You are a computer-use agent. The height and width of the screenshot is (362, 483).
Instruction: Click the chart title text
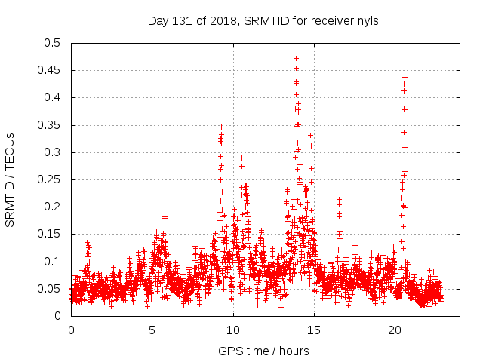tap(263, 21)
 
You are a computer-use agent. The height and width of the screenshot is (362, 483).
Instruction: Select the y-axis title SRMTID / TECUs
tap(11, 179)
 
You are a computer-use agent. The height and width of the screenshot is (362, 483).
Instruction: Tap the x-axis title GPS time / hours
tap(263, 351)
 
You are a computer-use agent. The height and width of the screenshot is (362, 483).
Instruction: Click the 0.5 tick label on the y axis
tap(52, 43)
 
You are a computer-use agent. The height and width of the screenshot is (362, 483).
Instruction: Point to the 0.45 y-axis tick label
tap(50, 70)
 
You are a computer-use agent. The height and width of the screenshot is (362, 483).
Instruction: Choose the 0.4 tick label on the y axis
tap(52, 97)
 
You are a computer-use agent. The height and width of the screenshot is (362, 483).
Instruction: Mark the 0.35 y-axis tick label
tap(50, 125)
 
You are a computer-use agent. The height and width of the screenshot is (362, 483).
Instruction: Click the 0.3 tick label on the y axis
tap(52, 152)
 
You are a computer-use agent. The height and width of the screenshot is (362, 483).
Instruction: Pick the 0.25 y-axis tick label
tap(50, 179)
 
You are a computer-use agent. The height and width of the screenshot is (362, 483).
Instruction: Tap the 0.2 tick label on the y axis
tap(52, 207)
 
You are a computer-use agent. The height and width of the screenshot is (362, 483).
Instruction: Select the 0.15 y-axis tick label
tap(50, 234)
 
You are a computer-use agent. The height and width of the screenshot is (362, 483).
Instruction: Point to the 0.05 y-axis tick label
tap(50, 289)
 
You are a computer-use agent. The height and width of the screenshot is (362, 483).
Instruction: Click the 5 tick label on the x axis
tap(152, 330)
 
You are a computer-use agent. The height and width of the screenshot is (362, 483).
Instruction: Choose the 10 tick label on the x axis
tap(233, 330)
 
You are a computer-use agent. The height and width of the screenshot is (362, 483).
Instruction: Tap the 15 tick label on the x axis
tap(314, 330)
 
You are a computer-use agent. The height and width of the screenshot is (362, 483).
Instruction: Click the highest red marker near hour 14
tap(296, 58)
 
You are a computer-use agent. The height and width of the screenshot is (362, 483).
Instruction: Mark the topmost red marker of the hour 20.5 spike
tap(405, 77)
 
